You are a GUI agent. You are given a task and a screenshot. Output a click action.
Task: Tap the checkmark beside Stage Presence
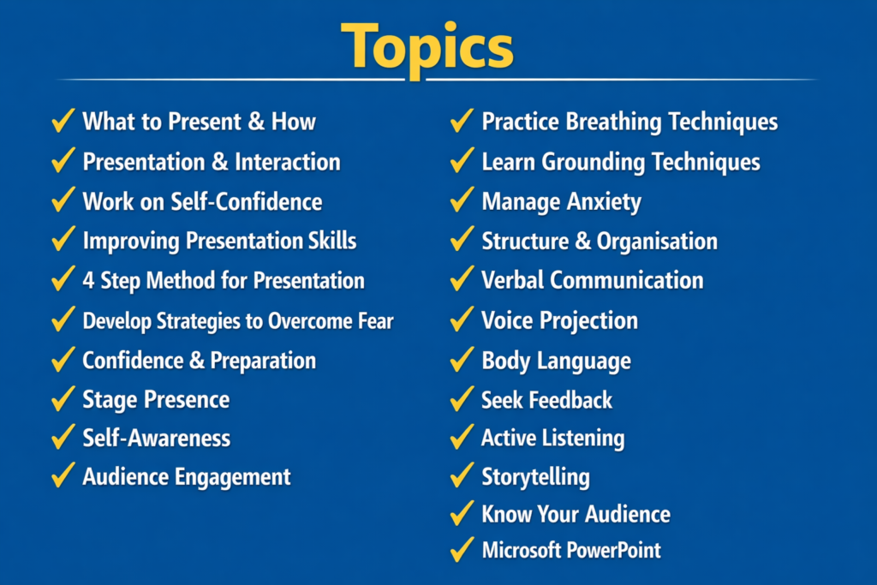[x=63, y=399]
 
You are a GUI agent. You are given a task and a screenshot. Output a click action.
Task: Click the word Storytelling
[x=535, y=477]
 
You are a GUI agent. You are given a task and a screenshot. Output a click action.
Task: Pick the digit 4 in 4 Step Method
[x=88, y=281]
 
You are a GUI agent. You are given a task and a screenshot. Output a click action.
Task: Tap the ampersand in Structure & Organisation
[x=582, y=242]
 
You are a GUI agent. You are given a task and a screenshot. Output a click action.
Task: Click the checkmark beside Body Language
[x=462, y=360]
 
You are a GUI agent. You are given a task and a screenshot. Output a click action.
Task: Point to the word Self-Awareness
[x=156, y=438]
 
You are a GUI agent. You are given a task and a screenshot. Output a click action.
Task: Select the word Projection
[x=591, y=321]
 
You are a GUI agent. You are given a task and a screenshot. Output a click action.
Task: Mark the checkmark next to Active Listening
[x=462, y=439]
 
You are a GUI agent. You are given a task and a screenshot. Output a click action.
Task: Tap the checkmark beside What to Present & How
[x=63, y=122]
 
